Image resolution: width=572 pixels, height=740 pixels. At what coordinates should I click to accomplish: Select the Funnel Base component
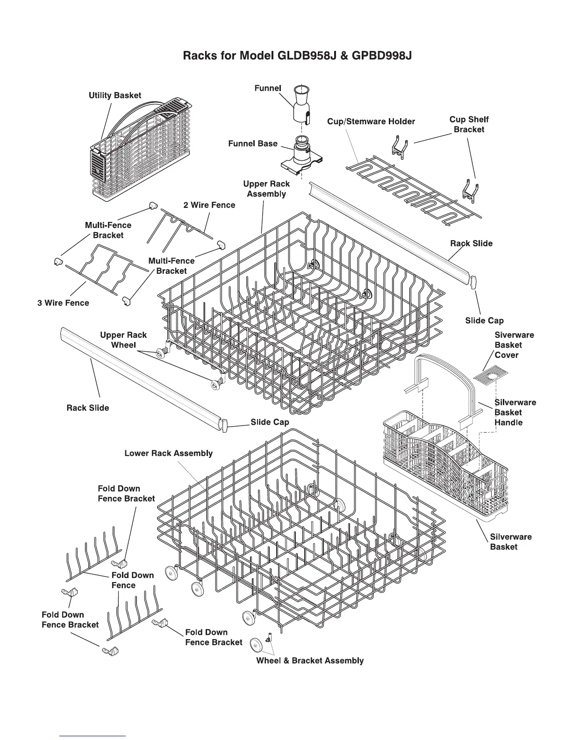[301, 154]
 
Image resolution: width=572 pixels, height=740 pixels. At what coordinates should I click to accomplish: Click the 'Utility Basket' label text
[115, 95]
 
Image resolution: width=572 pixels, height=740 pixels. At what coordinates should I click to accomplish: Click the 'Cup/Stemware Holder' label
[371, 121]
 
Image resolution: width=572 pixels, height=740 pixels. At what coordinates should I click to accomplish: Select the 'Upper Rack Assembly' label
[266, 189]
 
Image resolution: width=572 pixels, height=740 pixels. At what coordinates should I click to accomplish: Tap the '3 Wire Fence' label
[63, 303]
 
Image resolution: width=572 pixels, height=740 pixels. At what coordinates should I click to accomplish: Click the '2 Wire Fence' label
[209, 205]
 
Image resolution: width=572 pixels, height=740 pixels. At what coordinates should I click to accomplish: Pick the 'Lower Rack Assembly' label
[168, 453]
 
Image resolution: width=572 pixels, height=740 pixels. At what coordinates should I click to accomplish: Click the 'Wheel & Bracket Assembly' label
[310, 661]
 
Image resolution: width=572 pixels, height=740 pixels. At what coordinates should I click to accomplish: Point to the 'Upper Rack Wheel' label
[123, 340]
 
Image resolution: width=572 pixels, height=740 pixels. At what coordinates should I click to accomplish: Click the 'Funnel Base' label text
[253, 143]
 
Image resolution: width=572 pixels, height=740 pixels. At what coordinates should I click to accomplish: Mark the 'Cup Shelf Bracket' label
[469, 124]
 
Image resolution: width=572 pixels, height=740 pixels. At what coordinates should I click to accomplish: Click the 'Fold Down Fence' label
[133, 580]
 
